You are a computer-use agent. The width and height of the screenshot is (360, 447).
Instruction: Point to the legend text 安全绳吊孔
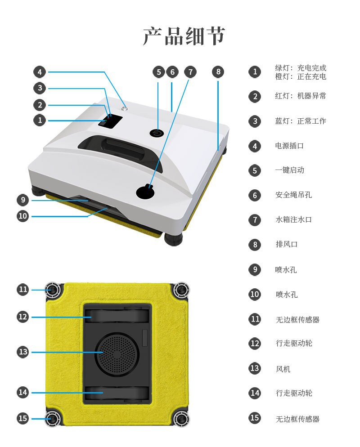click(x=293, y=195)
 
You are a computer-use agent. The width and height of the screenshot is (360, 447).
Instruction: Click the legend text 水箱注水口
click(x=293, y=219)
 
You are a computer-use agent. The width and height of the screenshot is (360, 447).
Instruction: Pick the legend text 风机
click(x=283, y=369)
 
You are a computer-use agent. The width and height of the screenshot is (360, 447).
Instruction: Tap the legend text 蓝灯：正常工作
click(x=301, y=121)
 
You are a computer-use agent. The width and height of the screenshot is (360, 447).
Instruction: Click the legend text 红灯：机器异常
click(x=301, y=96)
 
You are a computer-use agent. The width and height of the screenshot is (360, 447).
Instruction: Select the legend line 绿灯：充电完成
click(x=301, y=68)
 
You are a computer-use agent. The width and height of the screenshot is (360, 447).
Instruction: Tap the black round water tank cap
click(x=145, y=192)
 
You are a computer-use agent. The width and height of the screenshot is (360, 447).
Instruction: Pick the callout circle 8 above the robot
click(x=218, y=72)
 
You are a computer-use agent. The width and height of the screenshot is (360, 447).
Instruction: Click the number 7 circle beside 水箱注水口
click(x=255, y=220)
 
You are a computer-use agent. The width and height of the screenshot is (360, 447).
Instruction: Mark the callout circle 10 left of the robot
click(x=23, y=216)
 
